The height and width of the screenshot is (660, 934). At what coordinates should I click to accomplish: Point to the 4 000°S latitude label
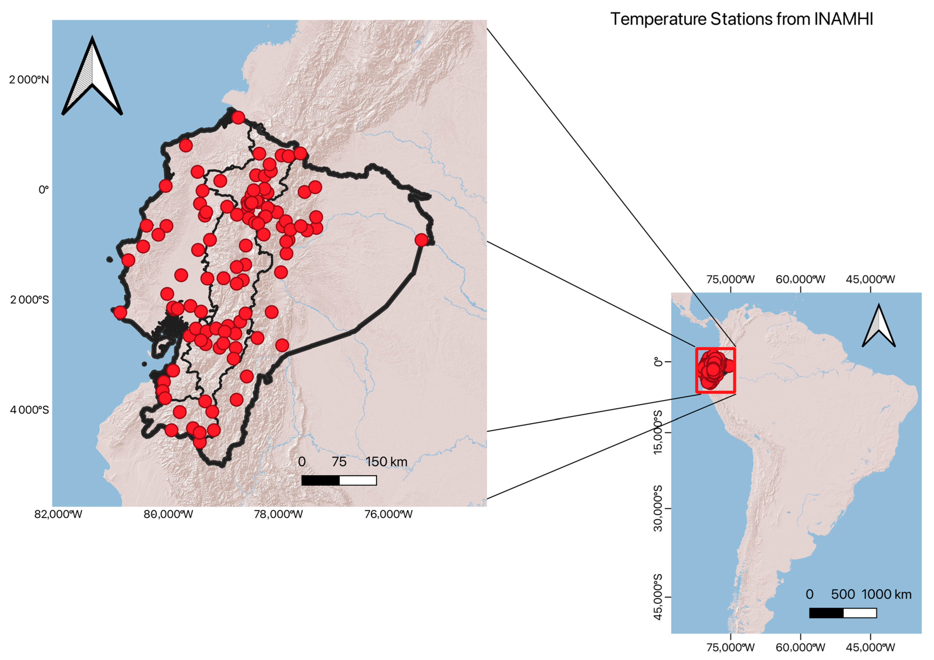(29, 410)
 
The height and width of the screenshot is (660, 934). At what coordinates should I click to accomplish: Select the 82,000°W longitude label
(58, 514)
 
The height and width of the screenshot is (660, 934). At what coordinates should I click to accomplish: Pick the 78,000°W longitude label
(278, 514)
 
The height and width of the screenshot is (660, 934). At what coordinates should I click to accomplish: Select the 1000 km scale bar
(843, 613)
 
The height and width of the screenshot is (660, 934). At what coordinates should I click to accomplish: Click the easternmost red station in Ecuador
(421, 240)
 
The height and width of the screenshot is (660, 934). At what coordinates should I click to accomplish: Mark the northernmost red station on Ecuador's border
(238, 117)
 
